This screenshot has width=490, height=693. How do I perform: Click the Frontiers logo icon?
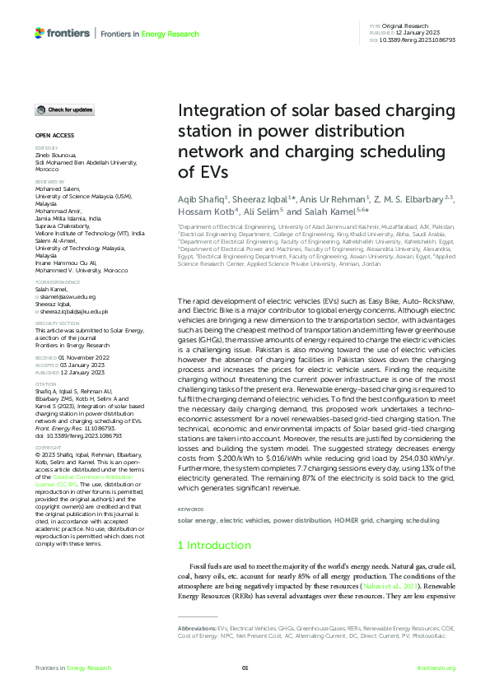(40, 33)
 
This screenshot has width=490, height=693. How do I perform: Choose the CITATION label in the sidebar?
(44, 383)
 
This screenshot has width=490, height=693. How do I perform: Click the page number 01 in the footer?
(245, 667)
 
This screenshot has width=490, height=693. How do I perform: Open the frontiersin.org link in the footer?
(436, 667)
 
